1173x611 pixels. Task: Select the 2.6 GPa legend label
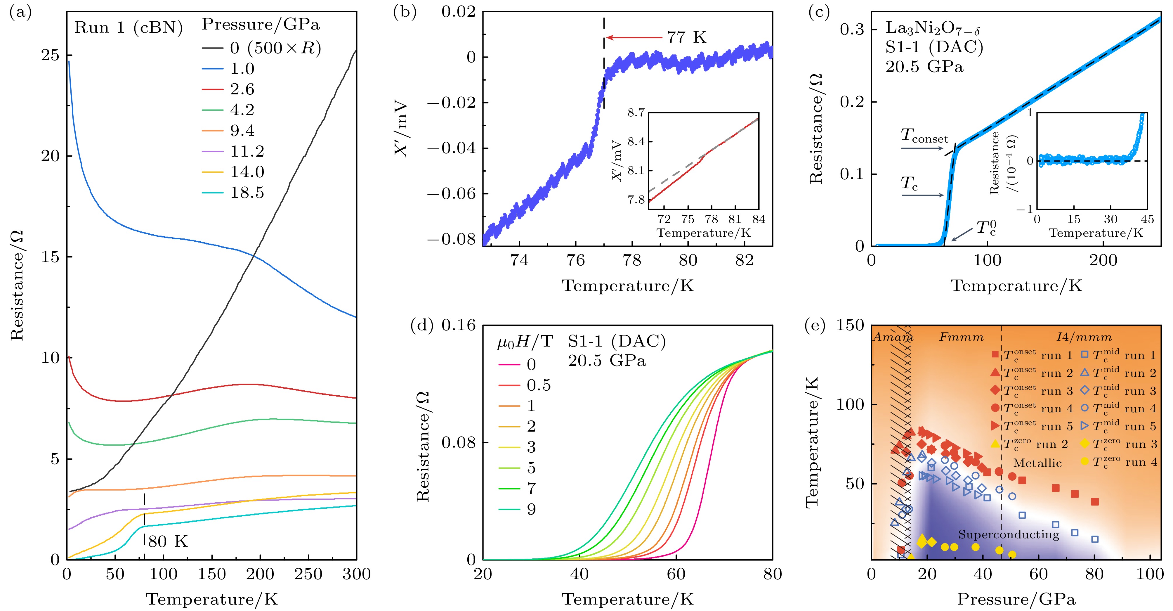242,89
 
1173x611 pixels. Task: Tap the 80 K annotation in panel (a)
168,541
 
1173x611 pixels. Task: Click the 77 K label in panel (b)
687,37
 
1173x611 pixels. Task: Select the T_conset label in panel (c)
924,136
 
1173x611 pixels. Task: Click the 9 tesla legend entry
531,509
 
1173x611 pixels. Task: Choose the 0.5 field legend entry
539,385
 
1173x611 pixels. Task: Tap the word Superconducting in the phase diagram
1009,534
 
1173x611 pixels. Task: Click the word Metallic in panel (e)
1037,463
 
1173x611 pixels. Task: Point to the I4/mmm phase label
1084,337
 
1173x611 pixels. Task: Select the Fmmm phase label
961,337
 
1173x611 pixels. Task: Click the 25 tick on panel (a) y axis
50,55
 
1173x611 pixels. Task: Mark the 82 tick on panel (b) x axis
745,260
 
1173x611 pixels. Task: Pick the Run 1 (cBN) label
129,28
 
